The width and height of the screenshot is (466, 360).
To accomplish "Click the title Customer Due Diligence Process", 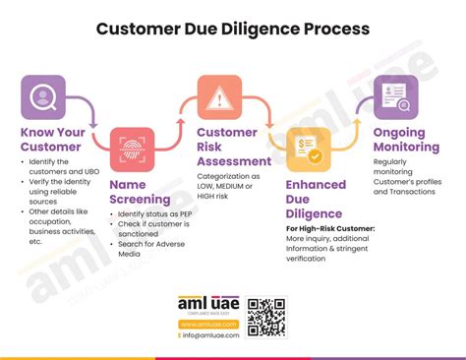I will [x=233, y=29].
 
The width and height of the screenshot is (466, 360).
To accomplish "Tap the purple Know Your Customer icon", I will [x=43, y=96].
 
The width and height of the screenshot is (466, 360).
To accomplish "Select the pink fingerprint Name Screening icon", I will [x=131, y=149].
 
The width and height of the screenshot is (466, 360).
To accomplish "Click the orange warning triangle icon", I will [x=219, y=97].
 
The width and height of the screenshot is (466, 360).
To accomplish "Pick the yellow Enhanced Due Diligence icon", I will [x=307, y=150].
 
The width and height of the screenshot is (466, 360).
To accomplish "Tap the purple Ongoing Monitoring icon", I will [x=395, y=97].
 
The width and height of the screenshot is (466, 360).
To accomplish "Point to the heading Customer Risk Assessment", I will [x=234, y=147].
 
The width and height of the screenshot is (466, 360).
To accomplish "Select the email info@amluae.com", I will [x=209, y=335].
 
